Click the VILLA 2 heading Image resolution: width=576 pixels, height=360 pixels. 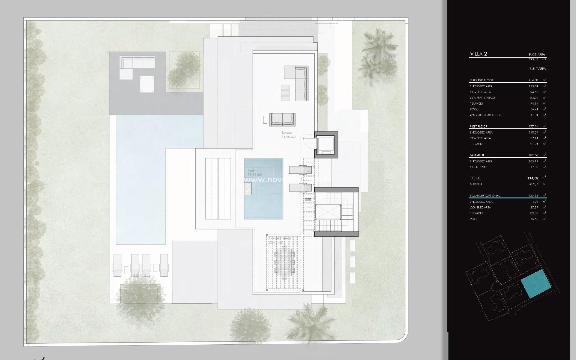coord(478,54)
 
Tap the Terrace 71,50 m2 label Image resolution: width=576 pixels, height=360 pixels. coord(288,135)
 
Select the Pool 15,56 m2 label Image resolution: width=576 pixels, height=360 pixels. coord(254,172)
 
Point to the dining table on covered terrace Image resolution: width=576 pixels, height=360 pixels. coord(284,262)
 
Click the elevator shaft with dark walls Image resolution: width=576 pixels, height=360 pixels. coord(326,145)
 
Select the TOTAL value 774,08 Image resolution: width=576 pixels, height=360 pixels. coord(532,178)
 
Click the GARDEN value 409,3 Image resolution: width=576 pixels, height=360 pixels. coord(534,184)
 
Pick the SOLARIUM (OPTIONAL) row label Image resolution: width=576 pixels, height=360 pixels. coord(485,196)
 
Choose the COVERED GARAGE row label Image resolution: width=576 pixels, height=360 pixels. coord(482,98)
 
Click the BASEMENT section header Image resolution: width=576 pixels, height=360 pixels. coord(477,155)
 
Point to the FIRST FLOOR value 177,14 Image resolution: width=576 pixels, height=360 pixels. coord(533,127)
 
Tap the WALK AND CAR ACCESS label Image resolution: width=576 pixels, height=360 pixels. coord(486,115)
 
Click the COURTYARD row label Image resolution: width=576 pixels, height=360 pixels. coord(478,167)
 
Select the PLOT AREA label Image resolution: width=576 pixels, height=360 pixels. coord(537,55)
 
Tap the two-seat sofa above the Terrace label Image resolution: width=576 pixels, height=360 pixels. coord(282,119)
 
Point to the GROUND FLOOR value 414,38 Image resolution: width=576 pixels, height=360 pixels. coord(533,80)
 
